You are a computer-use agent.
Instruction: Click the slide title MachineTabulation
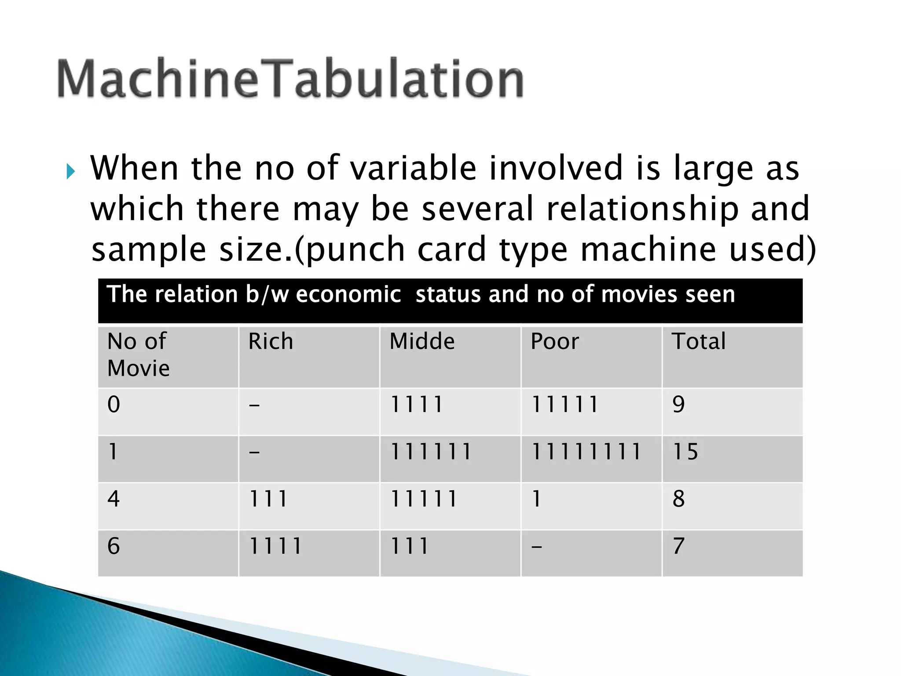coord(290,79)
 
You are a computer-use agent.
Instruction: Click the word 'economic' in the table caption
coord(348,294)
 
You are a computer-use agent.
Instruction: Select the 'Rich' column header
coord(271,342)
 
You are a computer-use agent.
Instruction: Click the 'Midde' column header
coord(422,342)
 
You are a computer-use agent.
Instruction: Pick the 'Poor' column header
coord(555,342)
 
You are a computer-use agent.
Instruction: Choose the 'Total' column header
coord(699,342)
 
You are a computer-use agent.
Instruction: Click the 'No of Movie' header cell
coord(138,354)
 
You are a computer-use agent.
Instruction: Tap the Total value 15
coord(685,452)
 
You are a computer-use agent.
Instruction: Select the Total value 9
coord(678,404)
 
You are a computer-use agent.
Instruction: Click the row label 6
coord(114,546)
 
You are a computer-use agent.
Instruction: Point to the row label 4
coord(114,499)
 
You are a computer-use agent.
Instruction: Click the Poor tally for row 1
coord(586,452)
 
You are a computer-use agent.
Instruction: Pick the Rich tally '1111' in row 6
coord(275,546)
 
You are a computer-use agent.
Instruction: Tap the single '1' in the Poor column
coord(536,499)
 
